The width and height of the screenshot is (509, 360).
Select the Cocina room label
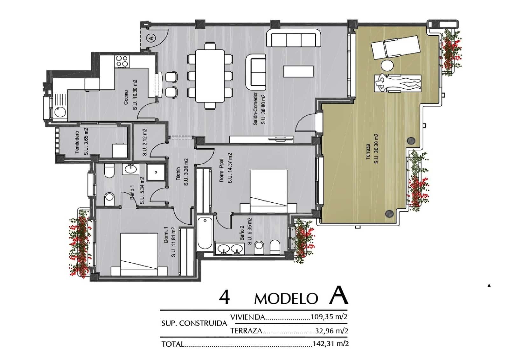coord(126,97)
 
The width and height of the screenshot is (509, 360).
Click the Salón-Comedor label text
coord(255,109)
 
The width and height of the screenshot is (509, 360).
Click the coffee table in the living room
coord(298,71)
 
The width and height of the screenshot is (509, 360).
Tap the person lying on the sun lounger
coord(398,84)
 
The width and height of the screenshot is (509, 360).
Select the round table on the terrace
coord(387,66)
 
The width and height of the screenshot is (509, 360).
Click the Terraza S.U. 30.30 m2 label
coord(372,149)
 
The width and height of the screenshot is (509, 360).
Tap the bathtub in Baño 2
coord(205,233)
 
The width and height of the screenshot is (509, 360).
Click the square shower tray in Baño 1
coord(156,173)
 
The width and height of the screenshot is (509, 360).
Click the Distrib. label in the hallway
coord(178,173)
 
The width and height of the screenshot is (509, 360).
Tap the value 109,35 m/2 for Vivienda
coord(329,317)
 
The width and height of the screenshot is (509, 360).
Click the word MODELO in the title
coord(286,299)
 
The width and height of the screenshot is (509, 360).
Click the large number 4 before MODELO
coord(224,297)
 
